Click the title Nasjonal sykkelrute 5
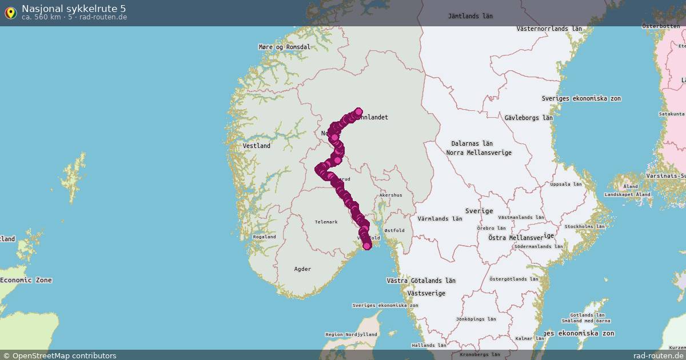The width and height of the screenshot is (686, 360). pos(74,8)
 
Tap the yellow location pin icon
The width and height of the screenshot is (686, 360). pos(10,13)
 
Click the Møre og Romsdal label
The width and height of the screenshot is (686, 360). pos(284,47)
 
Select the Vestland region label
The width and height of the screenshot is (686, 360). pos(257,146)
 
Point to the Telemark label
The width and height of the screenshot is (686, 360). pos(326,222)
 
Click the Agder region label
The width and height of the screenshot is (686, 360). pos(302,269)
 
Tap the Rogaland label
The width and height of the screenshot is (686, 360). pos(264,237)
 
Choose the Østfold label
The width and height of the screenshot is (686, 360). pos(394,231)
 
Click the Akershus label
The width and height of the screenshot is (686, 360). pos(390,195)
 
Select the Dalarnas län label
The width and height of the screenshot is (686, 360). pos(472,143)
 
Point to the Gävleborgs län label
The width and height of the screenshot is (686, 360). pos(529,118)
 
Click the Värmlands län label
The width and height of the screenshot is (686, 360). pos(440,219)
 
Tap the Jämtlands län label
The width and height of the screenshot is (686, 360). pos(470,17)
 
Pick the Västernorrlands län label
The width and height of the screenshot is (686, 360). pos(549,29)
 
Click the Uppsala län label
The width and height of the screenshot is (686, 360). pos(565,185)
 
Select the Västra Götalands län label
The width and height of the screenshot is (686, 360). pos(421,281)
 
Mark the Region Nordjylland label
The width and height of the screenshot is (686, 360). pos(351,334)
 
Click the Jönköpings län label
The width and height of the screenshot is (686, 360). pos(476,319)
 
